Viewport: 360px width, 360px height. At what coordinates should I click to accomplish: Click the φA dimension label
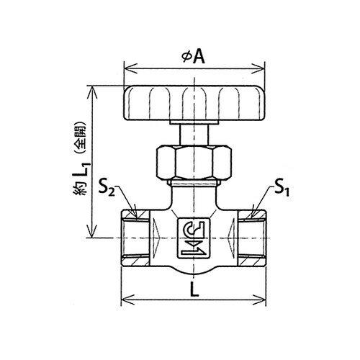point(194,57)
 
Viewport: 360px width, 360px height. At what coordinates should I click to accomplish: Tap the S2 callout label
point(107,190)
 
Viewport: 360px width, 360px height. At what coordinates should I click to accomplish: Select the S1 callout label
point(282,189)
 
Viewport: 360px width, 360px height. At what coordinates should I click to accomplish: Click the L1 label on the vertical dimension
point(83,171)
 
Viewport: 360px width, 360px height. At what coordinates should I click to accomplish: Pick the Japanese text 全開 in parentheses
point(80,138)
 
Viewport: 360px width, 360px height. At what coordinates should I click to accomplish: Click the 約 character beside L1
point(80,189)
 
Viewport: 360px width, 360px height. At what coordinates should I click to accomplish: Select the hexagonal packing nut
point(194,163)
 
